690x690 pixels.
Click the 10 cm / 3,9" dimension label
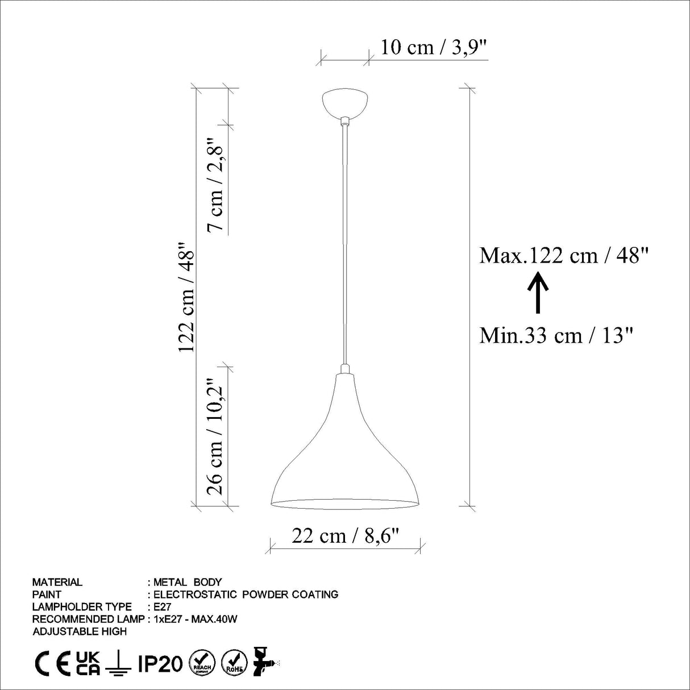click(434, 47)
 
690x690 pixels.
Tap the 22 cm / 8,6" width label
click(346, 536)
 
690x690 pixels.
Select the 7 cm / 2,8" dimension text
click(216, 184)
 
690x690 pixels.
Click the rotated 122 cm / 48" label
click(186, 297)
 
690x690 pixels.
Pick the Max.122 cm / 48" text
click(564, 256)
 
